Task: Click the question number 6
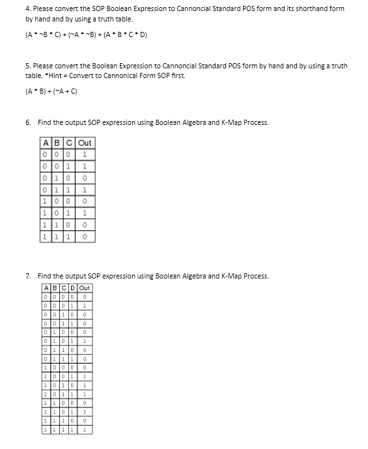[x=28, y=122]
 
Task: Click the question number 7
[x=28, y=276]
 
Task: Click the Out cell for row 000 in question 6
[x=85, y=154]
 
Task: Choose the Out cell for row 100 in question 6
[x=85, y=202]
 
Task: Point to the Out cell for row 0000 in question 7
[x=85, y=296]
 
